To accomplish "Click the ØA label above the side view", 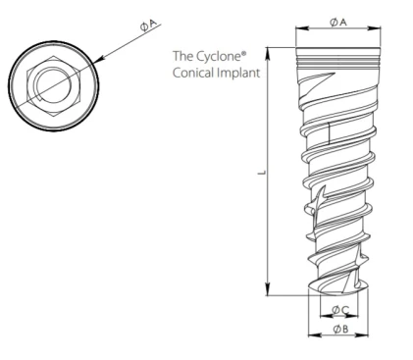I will click(x=336, y=21).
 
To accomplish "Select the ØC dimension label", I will click(x=337, y=311).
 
